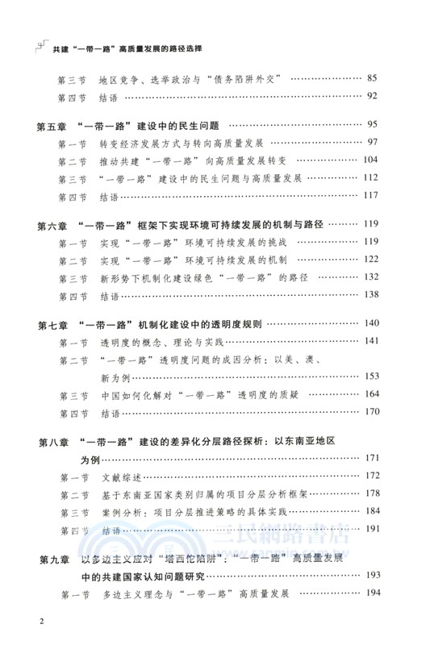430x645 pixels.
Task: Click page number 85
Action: coord(372,78)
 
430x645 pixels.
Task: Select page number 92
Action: coord(372,97)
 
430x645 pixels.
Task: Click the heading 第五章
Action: coord(56,126)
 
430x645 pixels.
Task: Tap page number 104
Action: coord(370,160)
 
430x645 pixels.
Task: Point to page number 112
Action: coord(370,178)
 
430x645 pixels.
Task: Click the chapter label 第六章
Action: coord(56,224)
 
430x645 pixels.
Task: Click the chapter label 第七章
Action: coord(56,324)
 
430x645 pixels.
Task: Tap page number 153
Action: coord(370,377)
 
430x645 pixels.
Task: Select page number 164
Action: coord(370,394)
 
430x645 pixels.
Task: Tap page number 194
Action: coord(370,594)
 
